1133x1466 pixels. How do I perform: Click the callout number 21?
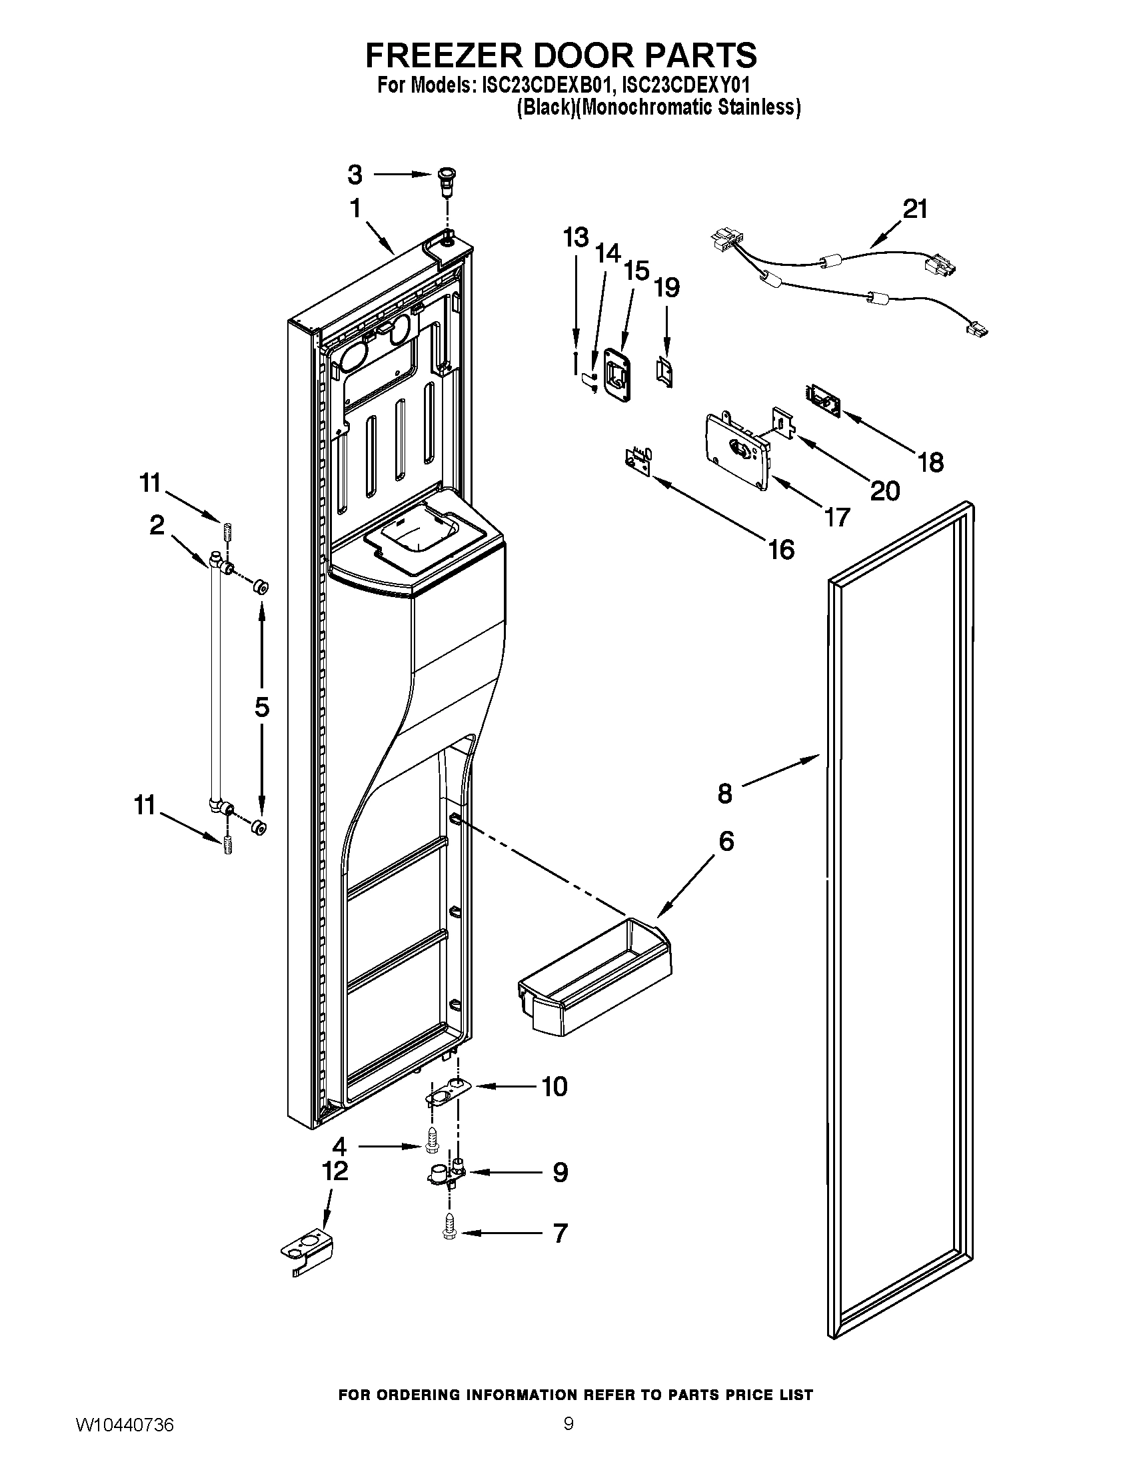915,209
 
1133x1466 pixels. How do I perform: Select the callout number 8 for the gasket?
725,794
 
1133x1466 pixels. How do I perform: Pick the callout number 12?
335,1171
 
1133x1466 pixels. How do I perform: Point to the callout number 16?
781,550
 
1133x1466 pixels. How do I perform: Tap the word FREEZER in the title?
442,55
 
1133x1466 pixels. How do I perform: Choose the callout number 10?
555,1086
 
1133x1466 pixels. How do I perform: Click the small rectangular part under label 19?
665,372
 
